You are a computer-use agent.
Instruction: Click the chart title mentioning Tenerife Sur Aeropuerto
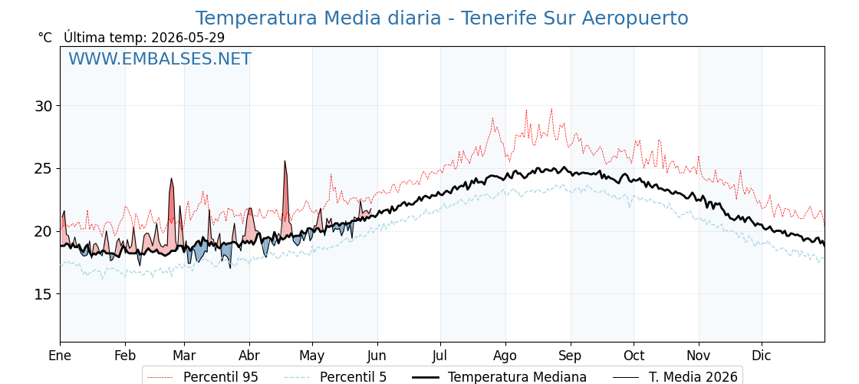click(442, 18)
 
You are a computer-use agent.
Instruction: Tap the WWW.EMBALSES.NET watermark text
click(160, 58)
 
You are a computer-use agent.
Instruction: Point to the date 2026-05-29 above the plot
click(188, 38)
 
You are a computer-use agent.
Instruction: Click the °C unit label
click(45, 38)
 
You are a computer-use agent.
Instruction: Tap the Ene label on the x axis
click(61, 356)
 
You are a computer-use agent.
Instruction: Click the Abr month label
click(249, 356)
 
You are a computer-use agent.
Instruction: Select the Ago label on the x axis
click(505, 356)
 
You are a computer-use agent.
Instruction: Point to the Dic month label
click(761, 356)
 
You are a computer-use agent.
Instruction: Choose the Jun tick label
click(377, 356)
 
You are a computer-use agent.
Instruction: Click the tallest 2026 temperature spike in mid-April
click(285, 161)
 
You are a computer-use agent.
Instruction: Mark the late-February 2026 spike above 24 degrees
click(172, 179)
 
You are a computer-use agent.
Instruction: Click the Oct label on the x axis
click(634, 356)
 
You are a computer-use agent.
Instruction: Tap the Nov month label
click(699, 356)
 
